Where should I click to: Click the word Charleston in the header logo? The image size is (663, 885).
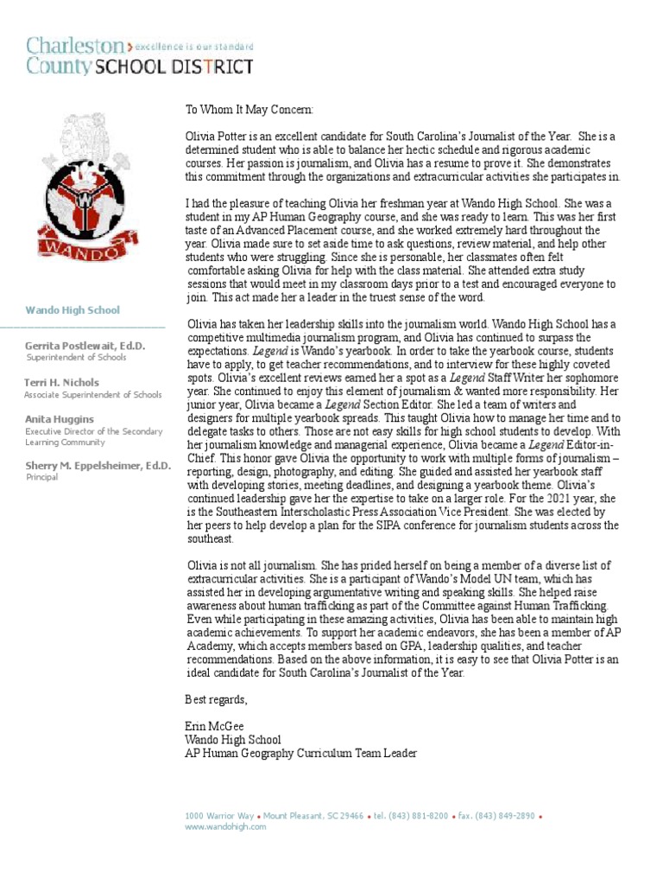(x=74, y=45)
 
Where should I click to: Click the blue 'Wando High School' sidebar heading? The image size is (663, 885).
(x=72, y=310)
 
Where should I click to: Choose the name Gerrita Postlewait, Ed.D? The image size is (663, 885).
(x=85, y=346)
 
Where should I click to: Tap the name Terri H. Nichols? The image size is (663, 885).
(x=61, y=382)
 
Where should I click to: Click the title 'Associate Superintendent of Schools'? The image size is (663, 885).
(x=92, y=395)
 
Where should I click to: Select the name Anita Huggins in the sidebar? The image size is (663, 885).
(x=59, y=419)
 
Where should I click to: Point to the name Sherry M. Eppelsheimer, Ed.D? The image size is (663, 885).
(x=97, y=466)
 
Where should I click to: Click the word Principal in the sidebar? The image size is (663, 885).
(x=41, y=477)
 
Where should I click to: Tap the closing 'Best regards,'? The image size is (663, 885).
(x=216, y=699)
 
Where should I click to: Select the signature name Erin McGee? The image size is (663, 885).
(x=215, y=727)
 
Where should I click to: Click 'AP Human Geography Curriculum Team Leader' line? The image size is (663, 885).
(x=301, y=754)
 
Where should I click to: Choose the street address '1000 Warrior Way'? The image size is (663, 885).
(x=219, y=816)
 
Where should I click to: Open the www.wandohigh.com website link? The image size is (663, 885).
(x=225, y=827)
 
